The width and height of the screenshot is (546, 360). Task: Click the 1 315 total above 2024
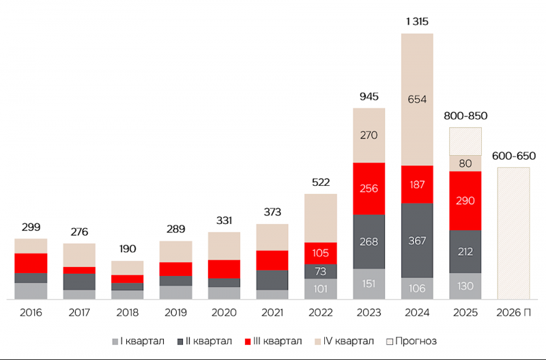click(x=417, y=22)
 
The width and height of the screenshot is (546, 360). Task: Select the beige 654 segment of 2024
click(x=417, y=100)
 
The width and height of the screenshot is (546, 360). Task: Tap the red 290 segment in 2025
click(x=465, y=201)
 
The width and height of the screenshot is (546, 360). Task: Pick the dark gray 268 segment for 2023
click(x=369, y=242)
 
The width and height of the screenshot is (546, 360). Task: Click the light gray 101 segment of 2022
click(x=321, y=289)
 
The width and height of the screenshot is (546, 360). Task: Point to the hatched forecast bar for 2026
click(x=514, y=233)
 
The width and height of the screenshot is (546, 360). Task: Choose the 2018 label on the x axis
click(x=128, y=313)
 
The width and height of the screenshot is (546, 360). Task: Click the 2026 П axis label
click(x=514, y=313)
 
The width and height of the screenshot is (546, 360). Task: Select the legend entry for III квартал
click(x=274, y=341)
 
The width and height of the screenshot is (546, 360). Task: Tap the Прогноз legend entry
click(x=412, y=341)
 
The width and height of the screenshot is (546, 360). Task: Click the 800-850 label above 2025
click(x=465, y=115)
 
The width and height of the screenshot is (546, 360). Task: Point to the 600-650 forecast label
click(x=514, y=156)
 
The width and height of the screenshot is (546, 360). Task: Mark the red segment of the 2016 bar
click(x=31, y=263)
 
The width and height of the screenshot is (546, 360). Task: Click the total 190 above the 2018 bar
click(x=128, y=249)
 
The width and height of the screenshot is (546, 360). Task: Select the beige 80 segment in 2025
click(x=465, y=163)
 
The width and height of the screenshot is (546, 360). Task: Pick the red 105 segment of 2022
click(x=321, y=253)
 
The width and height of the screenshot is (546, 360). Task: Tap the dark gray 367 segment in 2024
click(x=417, y=240)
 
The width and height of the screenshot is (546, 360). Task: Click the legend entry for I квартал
click(x=139, y=341)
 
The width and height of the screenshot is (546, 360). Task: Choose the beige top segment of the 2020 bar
click(x=225, y=246)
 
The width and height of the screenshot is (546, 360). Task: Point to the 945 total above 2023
click(x=369, y=96)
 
